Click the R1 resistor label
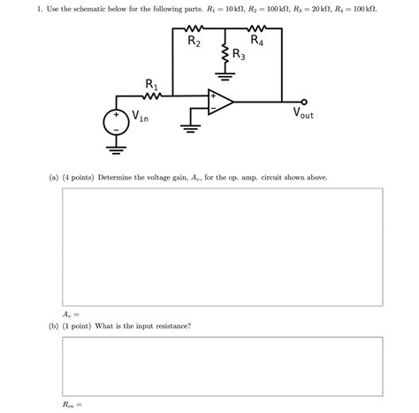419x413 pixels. tap(151, 85)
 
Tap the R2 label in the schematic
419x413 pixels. tap(194, 42)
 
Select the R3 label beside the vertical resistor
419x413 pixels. tap(239, 57)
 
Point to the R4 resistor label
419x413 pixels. tap(256, 40)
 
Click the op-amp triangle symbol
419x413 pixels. tap(219, 102)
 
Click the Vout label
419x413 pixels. tap(303, 114)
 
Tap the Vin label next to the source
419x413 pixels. tap(140, 114)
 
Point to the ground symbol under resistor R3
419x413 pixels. tap(226, 82)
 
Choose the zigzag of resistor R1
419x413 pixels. tap(151, 96)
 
